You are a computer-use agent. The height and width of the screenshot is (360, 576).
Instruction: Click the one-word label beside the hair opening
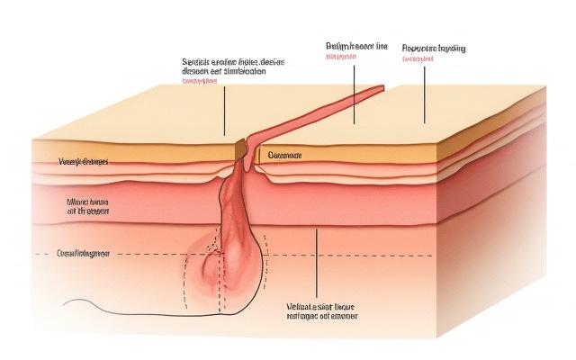pyautogui.click(x=285, y=155)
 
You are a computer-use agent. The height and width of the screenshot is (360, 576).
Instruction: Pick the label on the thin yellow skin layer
pyautogui.click(x=82, y=163)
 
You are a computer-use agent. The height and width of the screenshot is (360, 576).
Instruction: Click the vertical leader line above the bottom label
pyautogui.click(x=318, y=261)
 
